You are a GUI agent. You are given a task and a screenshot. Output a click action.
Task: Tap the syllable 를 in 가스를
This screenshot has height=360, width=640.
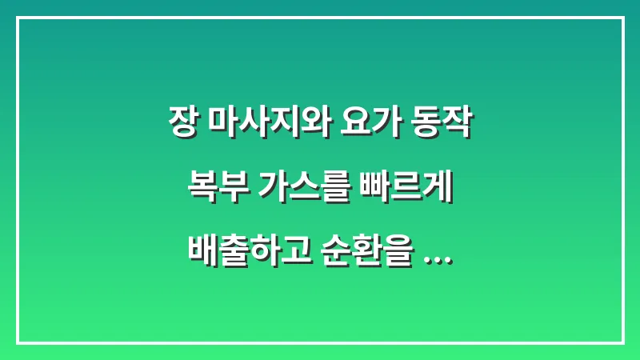point(338,190)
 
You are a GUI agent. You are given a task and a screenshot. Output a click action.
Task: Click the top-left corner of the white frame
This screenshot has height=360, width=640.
point(18,18)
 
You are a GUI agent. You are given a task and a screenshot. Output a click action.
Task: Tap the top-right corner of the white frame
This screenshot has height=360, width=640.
point(622,18)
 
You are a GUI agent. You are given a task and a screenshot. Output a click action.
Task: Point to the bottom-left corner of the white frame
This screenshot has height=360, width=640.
point(18,342)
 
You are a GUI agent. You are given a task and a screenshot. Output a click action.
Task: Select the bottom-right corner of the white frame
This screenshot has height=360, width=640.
point(622,342)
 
